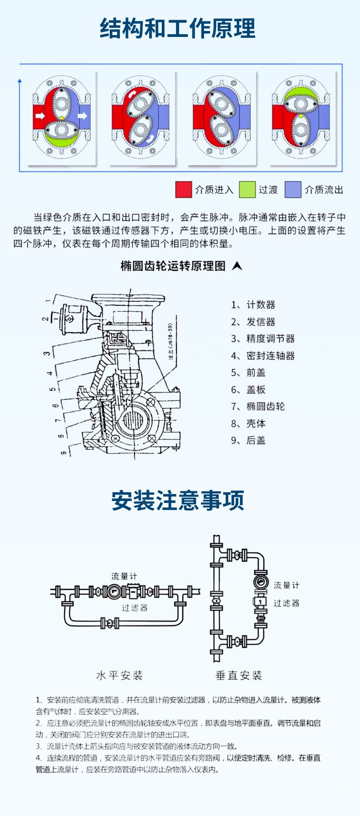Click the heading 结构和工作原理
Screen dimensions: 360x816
click(178, 28)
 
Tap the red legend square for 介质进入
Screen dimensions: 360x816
click(183, 190)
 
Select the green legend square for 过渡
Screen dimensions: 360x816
click(247, 190)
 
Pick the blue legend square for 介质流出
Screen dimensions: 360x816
click(293, 190)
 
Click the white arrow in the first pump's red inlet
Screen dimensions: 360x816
click(40, 116)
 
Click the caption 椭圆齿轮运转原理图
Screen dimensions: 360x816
click(173, 266)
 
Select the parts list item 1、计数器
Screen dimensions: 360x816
click(253, 305)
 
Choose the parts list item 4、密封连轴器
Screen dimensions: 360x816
click(262, 356)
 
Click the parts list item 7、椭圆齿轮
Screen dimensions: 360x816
click(257, 406)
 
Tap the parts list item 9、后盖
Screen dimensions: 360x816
click(248, 440)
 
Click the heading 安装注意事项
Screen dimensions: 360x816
click(178, 501)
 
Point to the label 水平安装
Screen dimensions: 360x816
click(119, 675)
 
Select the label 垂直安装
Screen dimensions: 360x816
click(239, 675)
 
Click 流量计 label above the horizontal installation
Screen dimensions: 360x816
click(124, 576)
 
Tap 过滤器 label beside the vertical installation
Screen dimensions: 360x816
click(287, 603)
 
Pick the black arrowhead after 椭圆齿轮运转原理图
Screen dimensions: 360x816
click(237, 266)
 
